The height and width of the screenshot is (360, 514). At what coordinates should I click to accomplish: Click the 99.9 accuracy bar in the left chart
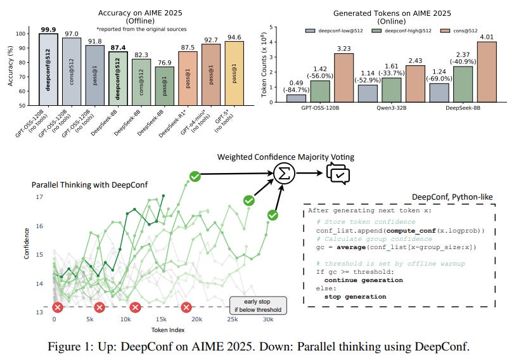(48, 70)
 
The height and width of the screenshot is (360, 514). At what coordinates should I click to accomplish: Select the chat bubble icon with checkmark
(336, 172)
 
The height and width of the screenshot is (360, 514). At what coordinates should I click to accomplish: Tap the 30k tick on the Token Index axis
(268, 319)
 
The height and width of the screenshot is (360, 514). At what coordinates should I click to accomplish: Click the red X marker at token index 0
(57, 308)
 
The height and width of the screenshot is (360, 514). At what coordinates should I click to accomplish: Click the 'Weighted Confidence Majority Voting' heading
(286, 157)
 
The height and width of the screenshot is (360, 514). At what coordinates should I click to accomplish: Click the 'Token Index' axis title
(168, 330)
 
